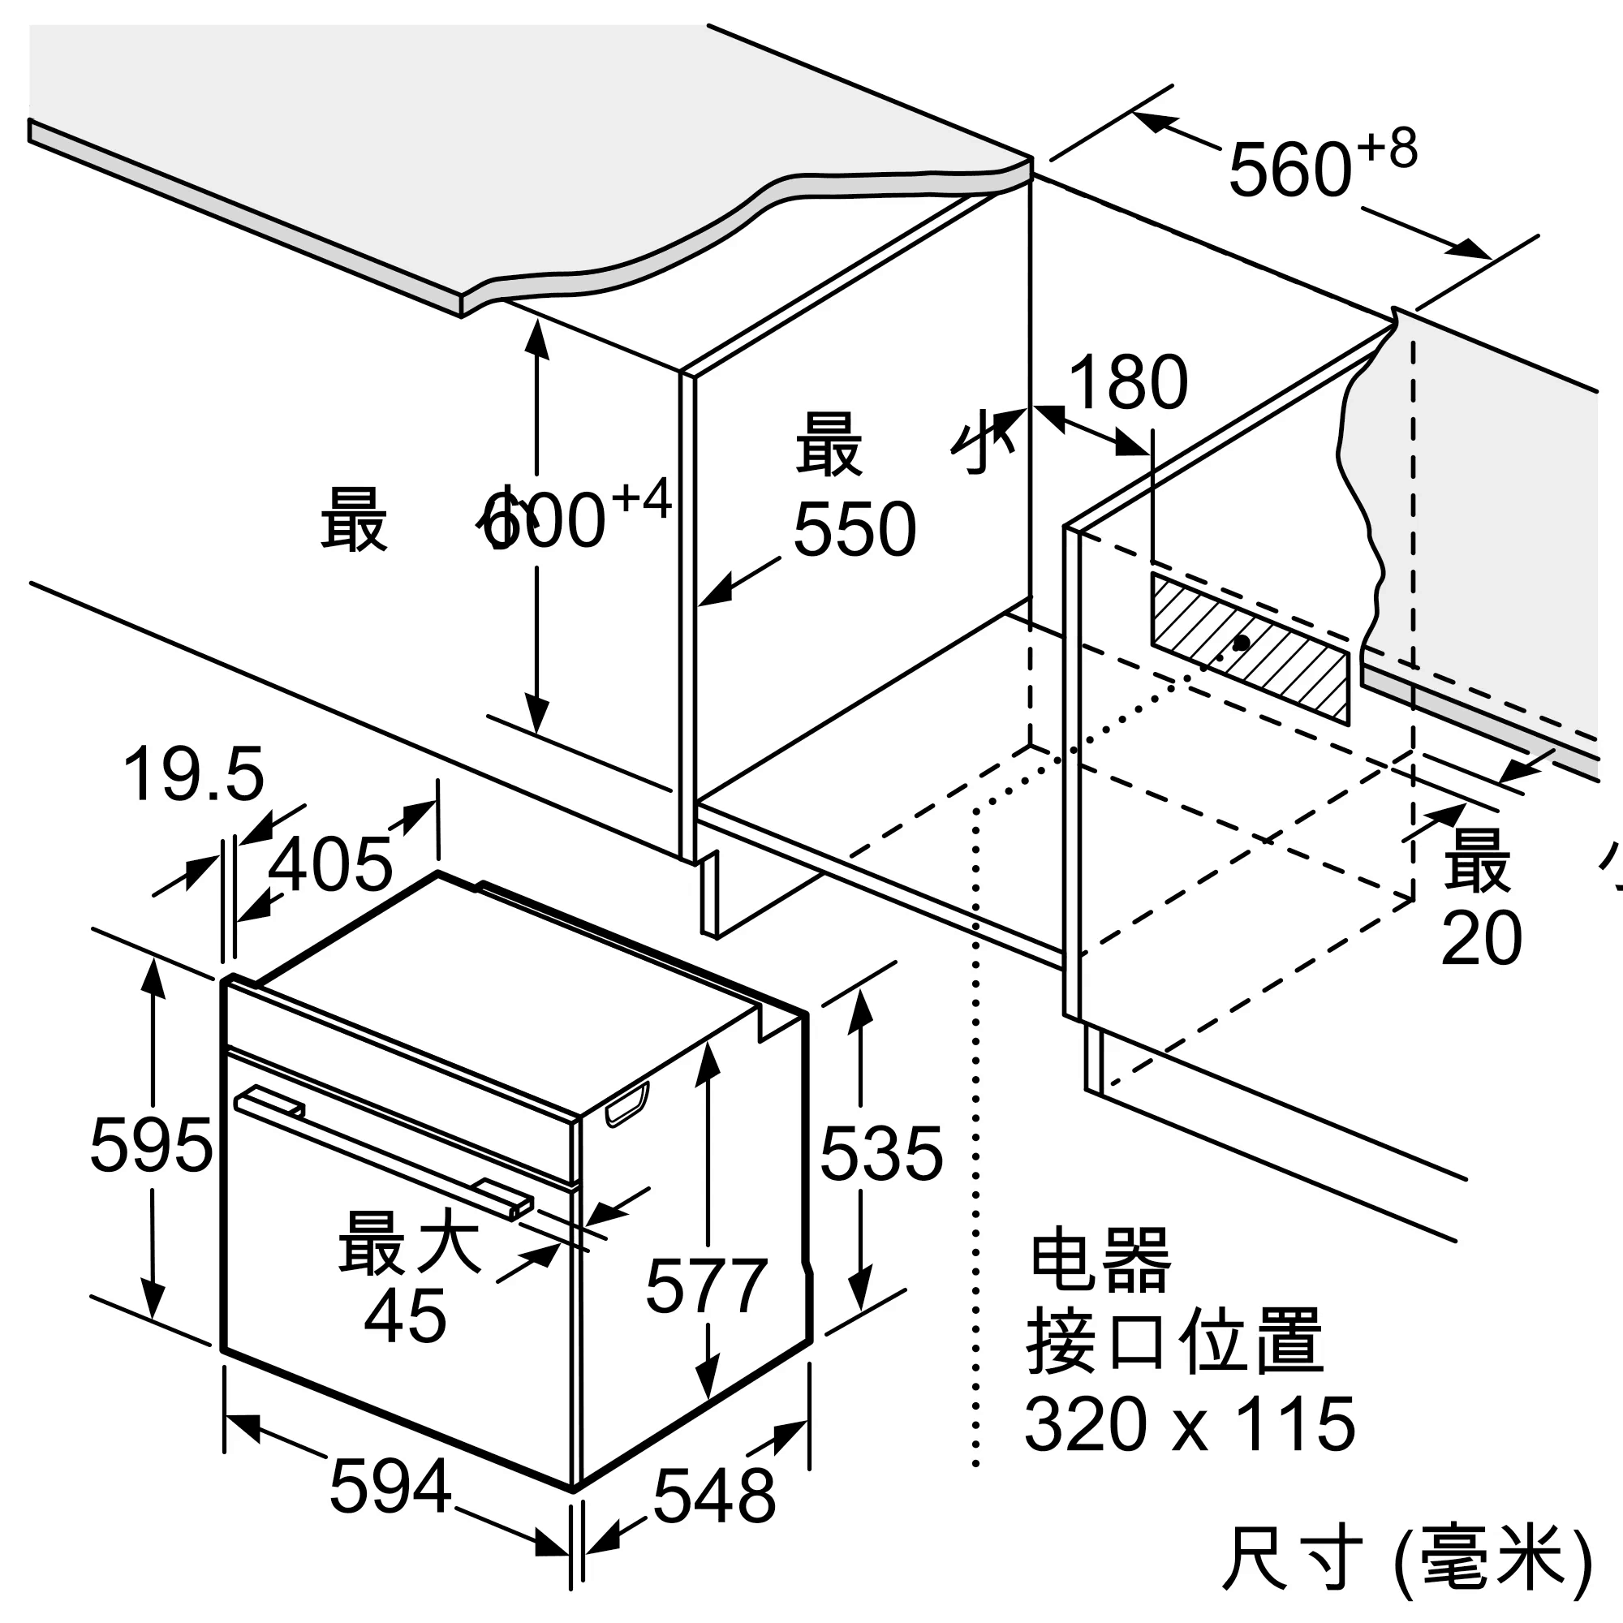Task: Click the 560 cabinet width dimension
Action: pyautogui.click(x=1289, y=170)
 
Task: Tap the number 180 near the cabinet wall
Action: pyautogui.click(x=1127, y=383)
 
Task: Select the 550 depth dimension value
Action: pyautogui.click(x=855, y=529)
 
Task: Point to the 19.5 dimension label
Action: pyautogui.click(x=193, y=773)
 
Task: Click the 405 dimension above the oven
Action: pyautogui.click(x=330, y=864)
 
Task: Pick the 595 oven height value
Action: pyautogui.click(x=151, y=1145)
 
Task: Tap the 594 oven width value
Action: pyautogui.click(x=390, y=1487)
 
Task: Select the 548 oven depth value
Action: pyautogui.click(x=714, y=1496)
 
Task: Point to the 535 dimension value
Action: pyautogui.click(x=881, y=1155)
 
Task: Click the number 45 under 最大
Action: pyautogui.click(x=405, y=1316)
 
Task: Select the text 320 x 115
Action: pyautogui.click(x=1190, y=1424)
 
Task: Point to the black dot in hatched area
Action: pyautogui.click(x=1241, y=644)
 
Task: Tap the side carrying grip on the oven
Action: pyautogui.click(x=626, y=1104)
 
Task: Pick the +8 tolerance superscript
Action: pyautogui.click(x=1388, y=149)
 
